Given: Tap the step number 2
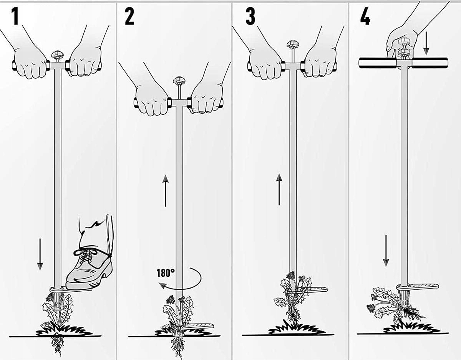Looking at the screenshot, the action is coord(129,17).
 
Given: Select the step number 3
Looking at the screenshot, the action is coord(250,17).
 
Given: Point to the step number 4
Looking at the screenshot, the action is coord(365,17).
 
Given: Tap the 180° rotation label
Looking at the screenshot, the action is coord(166,273).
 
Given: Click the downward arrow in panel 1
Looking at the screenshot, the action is coord(40,254).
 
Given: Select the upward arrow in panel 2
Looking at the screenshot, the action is coord(165,191).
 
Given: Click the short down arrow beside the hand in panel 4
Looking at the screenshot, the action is coord(426,46).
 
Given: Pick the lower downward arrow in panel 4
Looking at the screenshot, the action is coord(386,251).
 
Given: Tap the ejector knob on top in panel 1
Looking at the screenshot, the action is coord(56,56).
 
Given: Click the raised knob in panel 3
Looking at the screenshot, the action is coord(292,45).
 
